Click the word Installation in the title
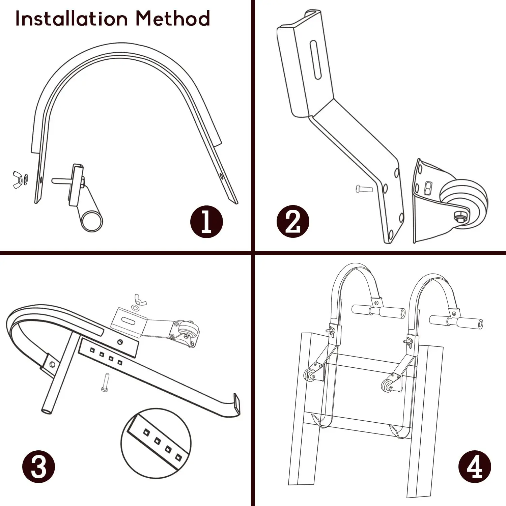tap(71, 19)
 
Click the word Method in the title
tap(172, 19)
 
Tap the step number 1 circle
tap(206, 222)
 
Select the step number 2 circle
tap(293, 222)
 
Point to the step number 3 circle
tap(39, 467)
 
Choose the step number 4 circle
tap(475, 467)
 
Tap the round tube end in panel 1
tap(92, 221)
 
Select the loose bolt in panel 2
tap(364, 189)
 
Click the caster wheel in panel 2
tap(467, 202)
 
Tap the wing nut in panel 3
tap(138, 299)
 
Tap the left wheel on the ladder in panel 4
tap(310, 375)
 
